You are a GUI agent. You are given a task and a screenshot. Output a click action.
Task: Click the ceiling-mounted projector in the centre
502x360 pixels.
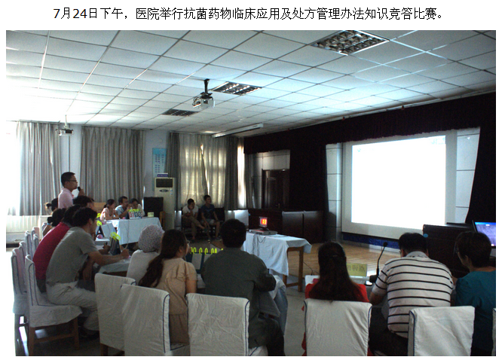(204, 100)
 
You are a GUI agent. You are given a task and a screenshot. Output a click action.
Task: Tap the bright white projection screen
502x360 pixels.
(398, 179)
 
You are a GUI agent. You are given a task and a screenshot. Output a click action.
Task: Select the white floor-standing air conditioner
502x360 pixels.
(164, 201)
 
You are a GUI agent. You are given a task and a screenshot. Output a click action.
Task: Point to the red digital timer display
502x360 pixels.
(264, 221)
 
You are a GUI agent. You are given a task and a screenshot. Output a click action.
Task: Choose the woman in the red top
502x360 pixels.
(335, 275)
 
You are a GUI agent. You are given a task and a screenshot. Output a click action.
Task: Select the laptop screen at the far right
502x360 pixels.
(485, 231)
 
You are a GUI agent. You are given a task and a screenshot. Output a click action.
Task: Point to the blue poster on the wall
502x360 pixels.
(160, 162)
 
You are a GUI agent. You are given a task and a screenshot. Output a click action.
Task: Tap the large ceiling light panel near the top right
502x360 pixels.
(349, 42)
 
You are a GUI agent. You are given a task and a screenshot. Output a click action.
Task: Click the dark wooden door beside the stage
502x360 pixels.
(275, 189)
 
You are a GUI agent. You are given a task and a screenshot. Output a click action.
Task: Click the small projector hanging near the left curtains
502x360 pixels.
(65, 130)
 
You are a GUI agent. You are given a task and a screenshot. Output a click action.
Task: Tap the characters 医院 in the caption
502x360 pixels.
(148, 14)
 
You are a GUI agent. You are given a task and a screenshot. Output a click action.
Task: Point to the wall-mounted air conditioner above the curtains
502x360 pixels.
(237, 130)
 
